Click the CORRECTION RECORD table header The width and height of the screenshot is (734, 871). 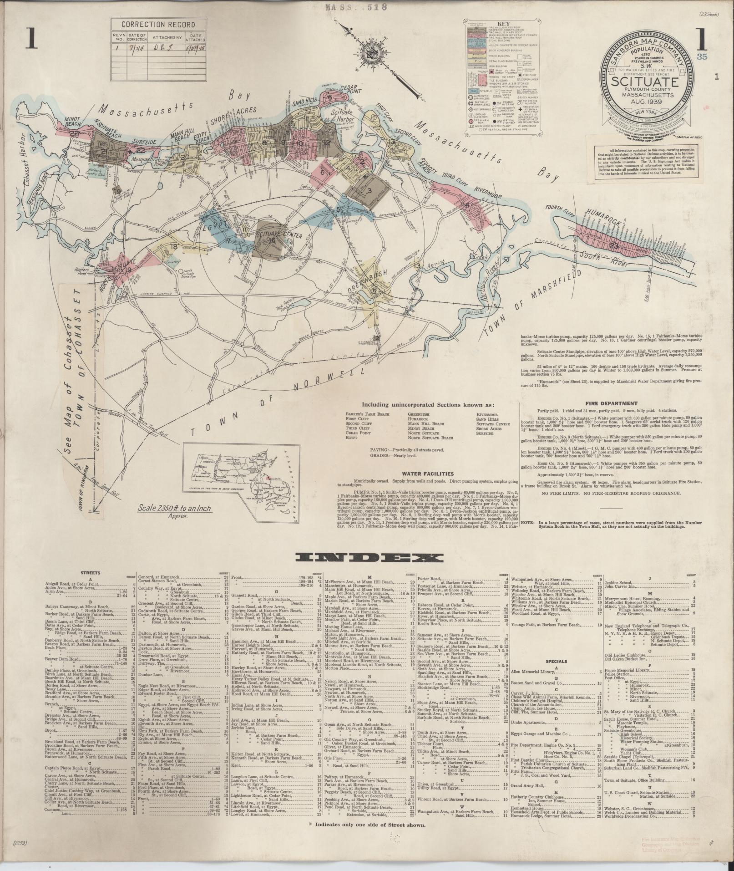(158, 25)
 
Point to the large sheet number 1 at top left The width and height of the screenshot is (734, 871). (31, 40)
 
